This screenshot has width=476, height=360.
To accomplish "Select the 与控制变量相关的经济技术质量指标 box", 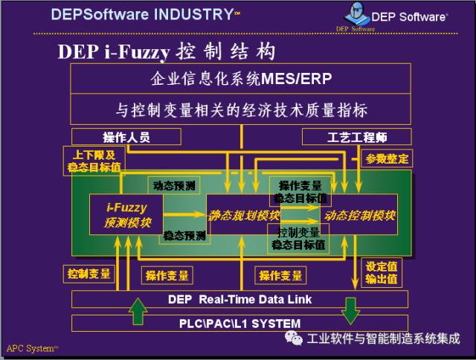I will [x=240, y=109].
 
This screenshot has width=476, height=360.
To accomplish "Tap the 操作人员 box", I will [x=126, y=137].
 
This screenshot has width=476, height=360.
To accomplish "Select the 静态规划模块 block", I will [x=243, y=216].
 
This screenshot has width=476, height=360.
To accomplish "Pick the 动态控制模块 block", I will [x=358, y=216].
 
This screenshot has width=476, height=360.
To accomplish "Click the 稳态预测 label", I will [x=185, y=236].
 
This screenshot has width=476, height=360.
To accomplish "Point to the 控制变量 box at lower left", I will [x=89, y=274].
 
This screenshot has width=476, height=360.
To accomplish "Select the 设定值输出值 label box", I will [x=382, y=272].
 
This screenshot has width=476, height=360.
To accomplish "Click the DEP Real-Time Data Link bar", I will [x=240, y=300].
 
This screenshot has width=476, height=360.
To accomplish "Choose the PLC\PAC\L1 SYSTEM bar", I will [x=240, y=324].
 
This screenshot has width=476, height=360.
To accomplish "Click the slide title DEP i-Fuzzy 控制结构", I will [x=167, y=51].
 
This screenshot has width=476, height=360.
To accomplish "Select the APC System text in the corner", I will [x=32, y=348].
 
